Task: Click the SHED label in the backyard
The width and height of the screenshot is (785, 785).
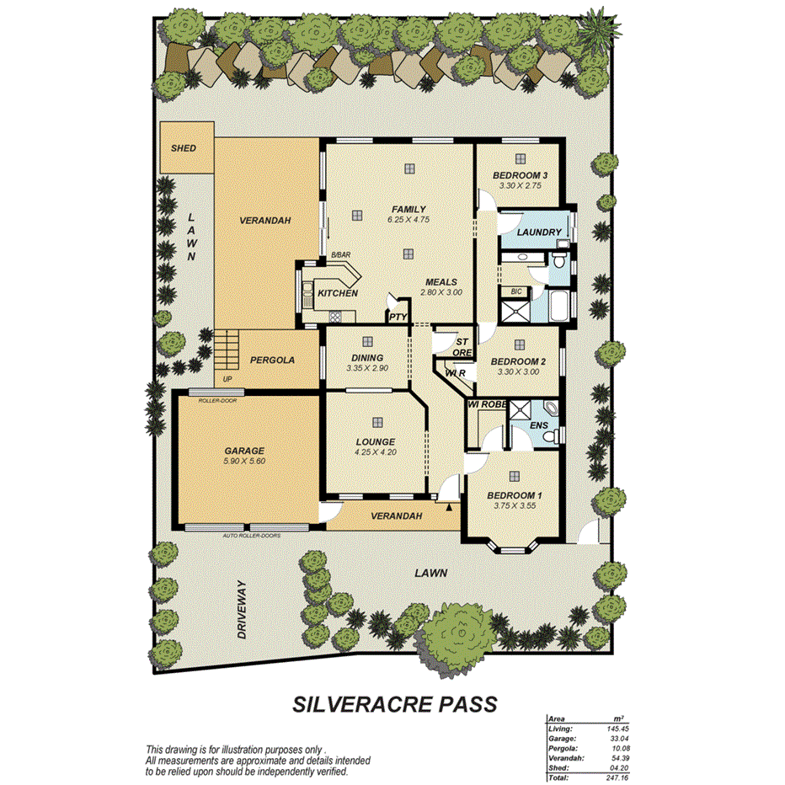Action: point(184,148)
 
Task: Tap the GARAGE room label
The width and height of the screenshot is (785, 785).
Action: point(244,451)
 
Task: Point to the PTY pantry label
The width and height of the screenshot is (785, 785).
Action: point(398,318)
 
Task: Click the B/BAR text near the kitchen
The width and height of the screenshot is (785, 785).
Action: point(340,254)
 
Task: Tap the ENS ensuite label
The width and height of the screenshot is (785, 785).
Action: point(539,425)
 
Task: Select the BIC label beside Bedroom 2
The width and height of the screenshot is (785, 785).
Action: point(516,291)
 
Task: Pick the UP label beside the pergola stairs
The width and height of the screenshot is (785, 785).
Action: point(226,379)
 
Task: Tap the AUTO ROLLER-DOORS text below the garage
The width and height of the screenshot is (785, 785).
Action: point(251,536)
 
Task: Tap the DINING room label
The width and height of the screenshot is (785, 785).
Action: point(367,358)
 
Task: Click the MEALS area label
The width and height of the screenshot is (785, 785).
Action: point(441,282)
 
